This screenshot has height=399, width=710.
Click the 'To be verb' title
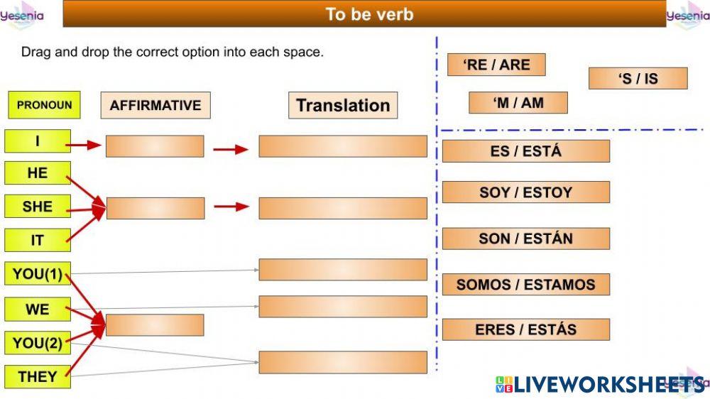pyautogui.click(x=369, y=14)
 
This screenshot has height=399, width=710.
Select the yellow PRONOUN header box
pyautogui.click(x=44, y=105)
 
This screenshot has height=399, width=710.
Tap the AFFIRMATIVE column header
pyautogui.click(x=155, y=105)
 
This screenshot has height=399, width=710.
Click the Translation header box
pyautogui.click(x=343, y=105)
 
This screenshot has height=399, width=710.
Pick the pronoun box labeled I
pyautogui.click(x=38, y=141)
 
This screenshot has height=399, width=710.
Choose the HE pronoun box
pyautogui.click(x=38, y=173)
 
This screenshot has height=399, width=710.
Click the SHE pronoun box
pyautogui.click(x=38, y=207)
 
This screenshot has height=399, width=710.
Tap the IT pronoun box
pyautogui.click(x=38, y=240)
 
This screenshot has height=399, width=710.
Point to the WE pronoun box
pyautogui.click(x=38, y=310)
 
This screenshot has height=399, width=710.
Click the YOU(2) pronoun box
pyautogui.click(x=38, y=344)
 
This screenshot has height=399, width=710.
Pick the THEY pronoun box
pyautogui.click(x=38, y=376)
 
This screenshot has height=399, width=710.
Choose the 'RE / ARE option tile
pyautogui.click(x=496, y=65)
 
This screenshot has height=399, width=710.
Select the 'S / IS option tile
pyautogui.click(x=638, y=78)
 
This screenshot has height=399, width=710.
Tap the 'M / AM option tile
pyautogui.click(x=518, y=103)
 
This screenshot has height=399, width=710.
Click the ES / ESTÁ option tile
pyautogui.click(x=525, y=151)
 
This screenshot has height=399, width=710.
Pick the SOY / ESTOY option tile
pyautogui.click(x=525, y=192)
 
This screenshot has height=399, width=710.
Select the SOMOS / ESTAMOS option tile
pyautogui.click(x=525, y=285)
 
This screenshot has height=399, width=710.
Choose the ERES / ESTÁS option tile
pyautogui.click(x=525, y=329)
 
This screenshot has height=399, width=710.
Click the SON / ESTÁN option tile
pyautogui.click(x=525, y=239)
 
